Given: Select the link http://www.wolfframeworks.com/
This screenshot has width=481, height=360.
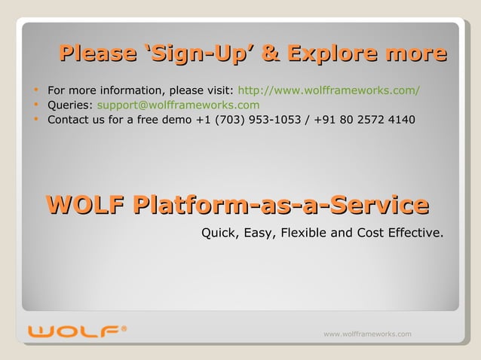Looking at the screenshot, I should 329,91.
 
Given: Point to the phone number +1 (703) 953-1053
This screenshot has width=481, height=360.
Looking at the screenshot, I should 247,120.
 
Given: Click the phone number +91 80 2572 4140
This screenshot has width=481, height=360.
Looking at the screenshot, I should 366,120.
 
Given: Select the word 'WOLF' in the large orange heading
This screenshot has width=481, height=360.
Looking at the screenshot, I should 85,204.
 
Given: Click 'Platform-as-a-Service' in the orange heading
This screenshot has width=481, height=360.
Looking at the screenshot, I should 280,204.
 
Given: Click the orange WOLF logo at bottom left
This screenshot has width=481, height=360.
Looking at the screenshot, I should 73,332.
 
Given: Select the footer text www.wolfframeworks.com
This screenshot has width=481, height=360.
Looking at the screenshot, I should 367,334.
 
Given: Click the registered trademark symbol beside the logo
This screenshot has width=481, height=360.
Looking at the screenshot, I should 124,328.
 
